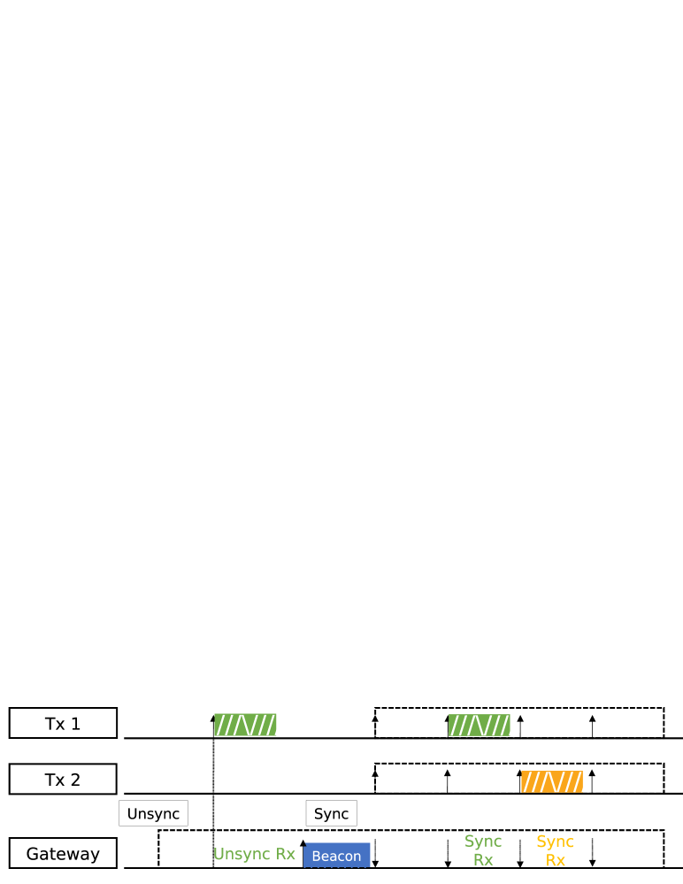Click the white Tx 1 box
coord(63,723)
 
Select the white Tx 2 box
coord(63,779)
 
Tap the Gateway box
coord(63,853)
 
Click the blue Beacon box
coord(337,856)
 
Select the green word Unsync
coord(242,854)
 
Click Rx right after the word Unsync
coord(286,854)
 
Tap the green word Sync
coord(483,841)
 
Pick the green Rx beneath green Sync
coord(483,859)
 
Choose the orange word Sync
coord(555,842)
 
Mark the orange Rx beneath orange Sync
coord(555,860)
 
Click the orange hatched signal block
coord(551,781)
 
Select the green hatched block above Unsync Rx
coord(244,725)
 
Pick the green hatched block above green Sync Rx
coord(479,725)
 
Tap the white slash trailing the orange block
coord(587,781)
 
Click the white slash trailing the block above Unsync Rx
coord(280,725)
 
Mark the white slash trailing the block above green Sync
coord(514,725)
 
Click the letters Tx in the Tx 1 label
coord(55,724)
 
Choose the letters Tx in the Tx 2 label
coord(55,780)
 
